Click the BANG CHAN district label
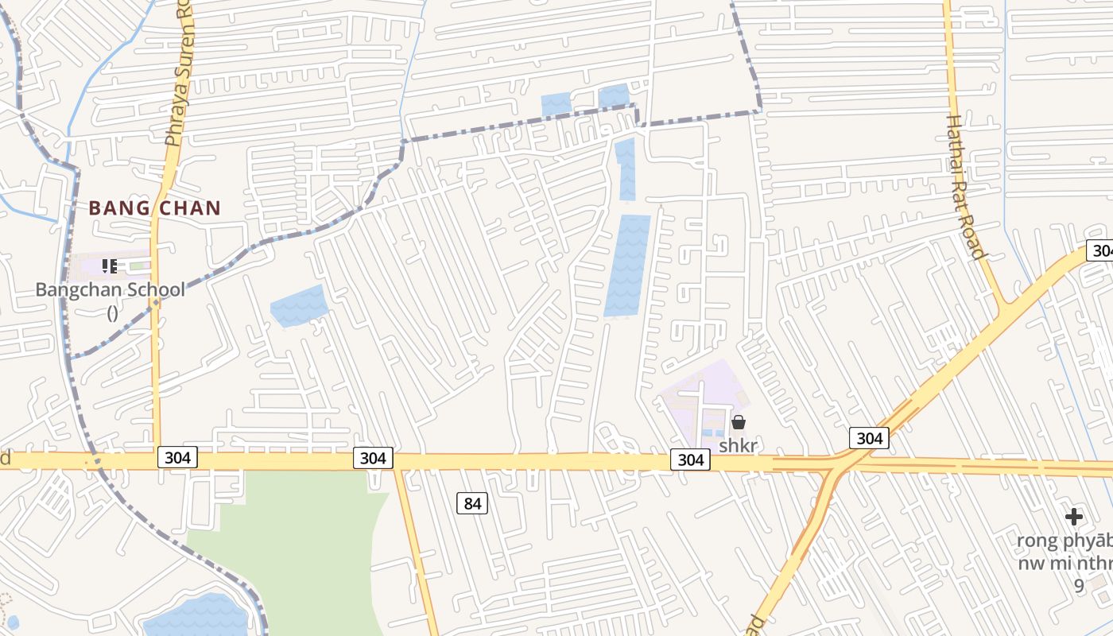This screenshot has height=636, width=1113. pos(154,208)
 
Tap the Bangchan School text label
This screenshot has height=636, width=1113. pos(111,289)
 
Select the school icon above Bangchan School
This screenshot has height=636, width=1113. pos(110,266)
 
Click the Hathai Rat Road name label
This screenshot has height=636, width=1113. pos(966,187)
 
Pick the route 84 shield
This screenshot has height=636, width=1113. pos(472,503)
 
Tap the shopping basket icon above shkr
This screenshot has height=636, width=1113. pos(738,422)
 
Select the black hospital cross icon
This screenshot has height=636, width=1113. pos(1074,518)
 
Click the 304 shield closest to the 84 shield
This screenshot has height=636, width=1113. pos(372,458)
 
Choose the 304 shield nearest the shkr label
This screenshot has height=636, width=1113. pos(690,460)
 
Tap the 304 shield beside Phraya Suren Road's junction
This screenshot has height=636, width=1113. pos(176,458)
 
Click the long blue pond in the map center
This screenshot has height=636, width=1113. pos(627,265)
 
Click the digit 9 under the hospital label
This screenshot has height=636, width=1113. pos(1079,586)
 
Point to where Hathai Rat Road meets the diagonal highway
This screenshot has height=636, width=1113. pos(1003,305)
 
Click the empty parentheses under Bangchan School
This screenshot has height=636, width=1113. pos(112,312)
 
